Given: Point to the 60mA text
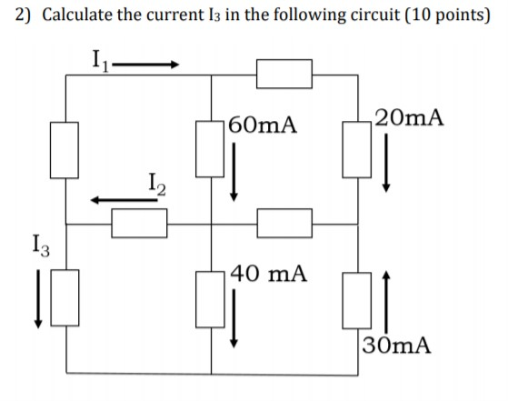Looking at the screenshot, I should [x=264, y=125].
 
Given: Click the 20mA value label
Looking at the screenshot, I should [x=411, y=116].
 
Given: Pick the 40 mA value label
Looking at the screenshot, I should [x=269, y=272].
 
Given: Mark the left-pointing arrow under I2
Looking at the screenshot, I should [x=122, y=200].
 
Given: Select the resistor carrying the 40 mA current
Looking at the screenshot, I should [x=211, y=298].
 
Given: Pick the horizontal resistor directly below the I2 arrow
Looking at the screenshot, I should [x=139, y=223].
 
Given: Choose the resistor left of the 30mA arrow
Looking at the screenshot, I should [x=355, y=298].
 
